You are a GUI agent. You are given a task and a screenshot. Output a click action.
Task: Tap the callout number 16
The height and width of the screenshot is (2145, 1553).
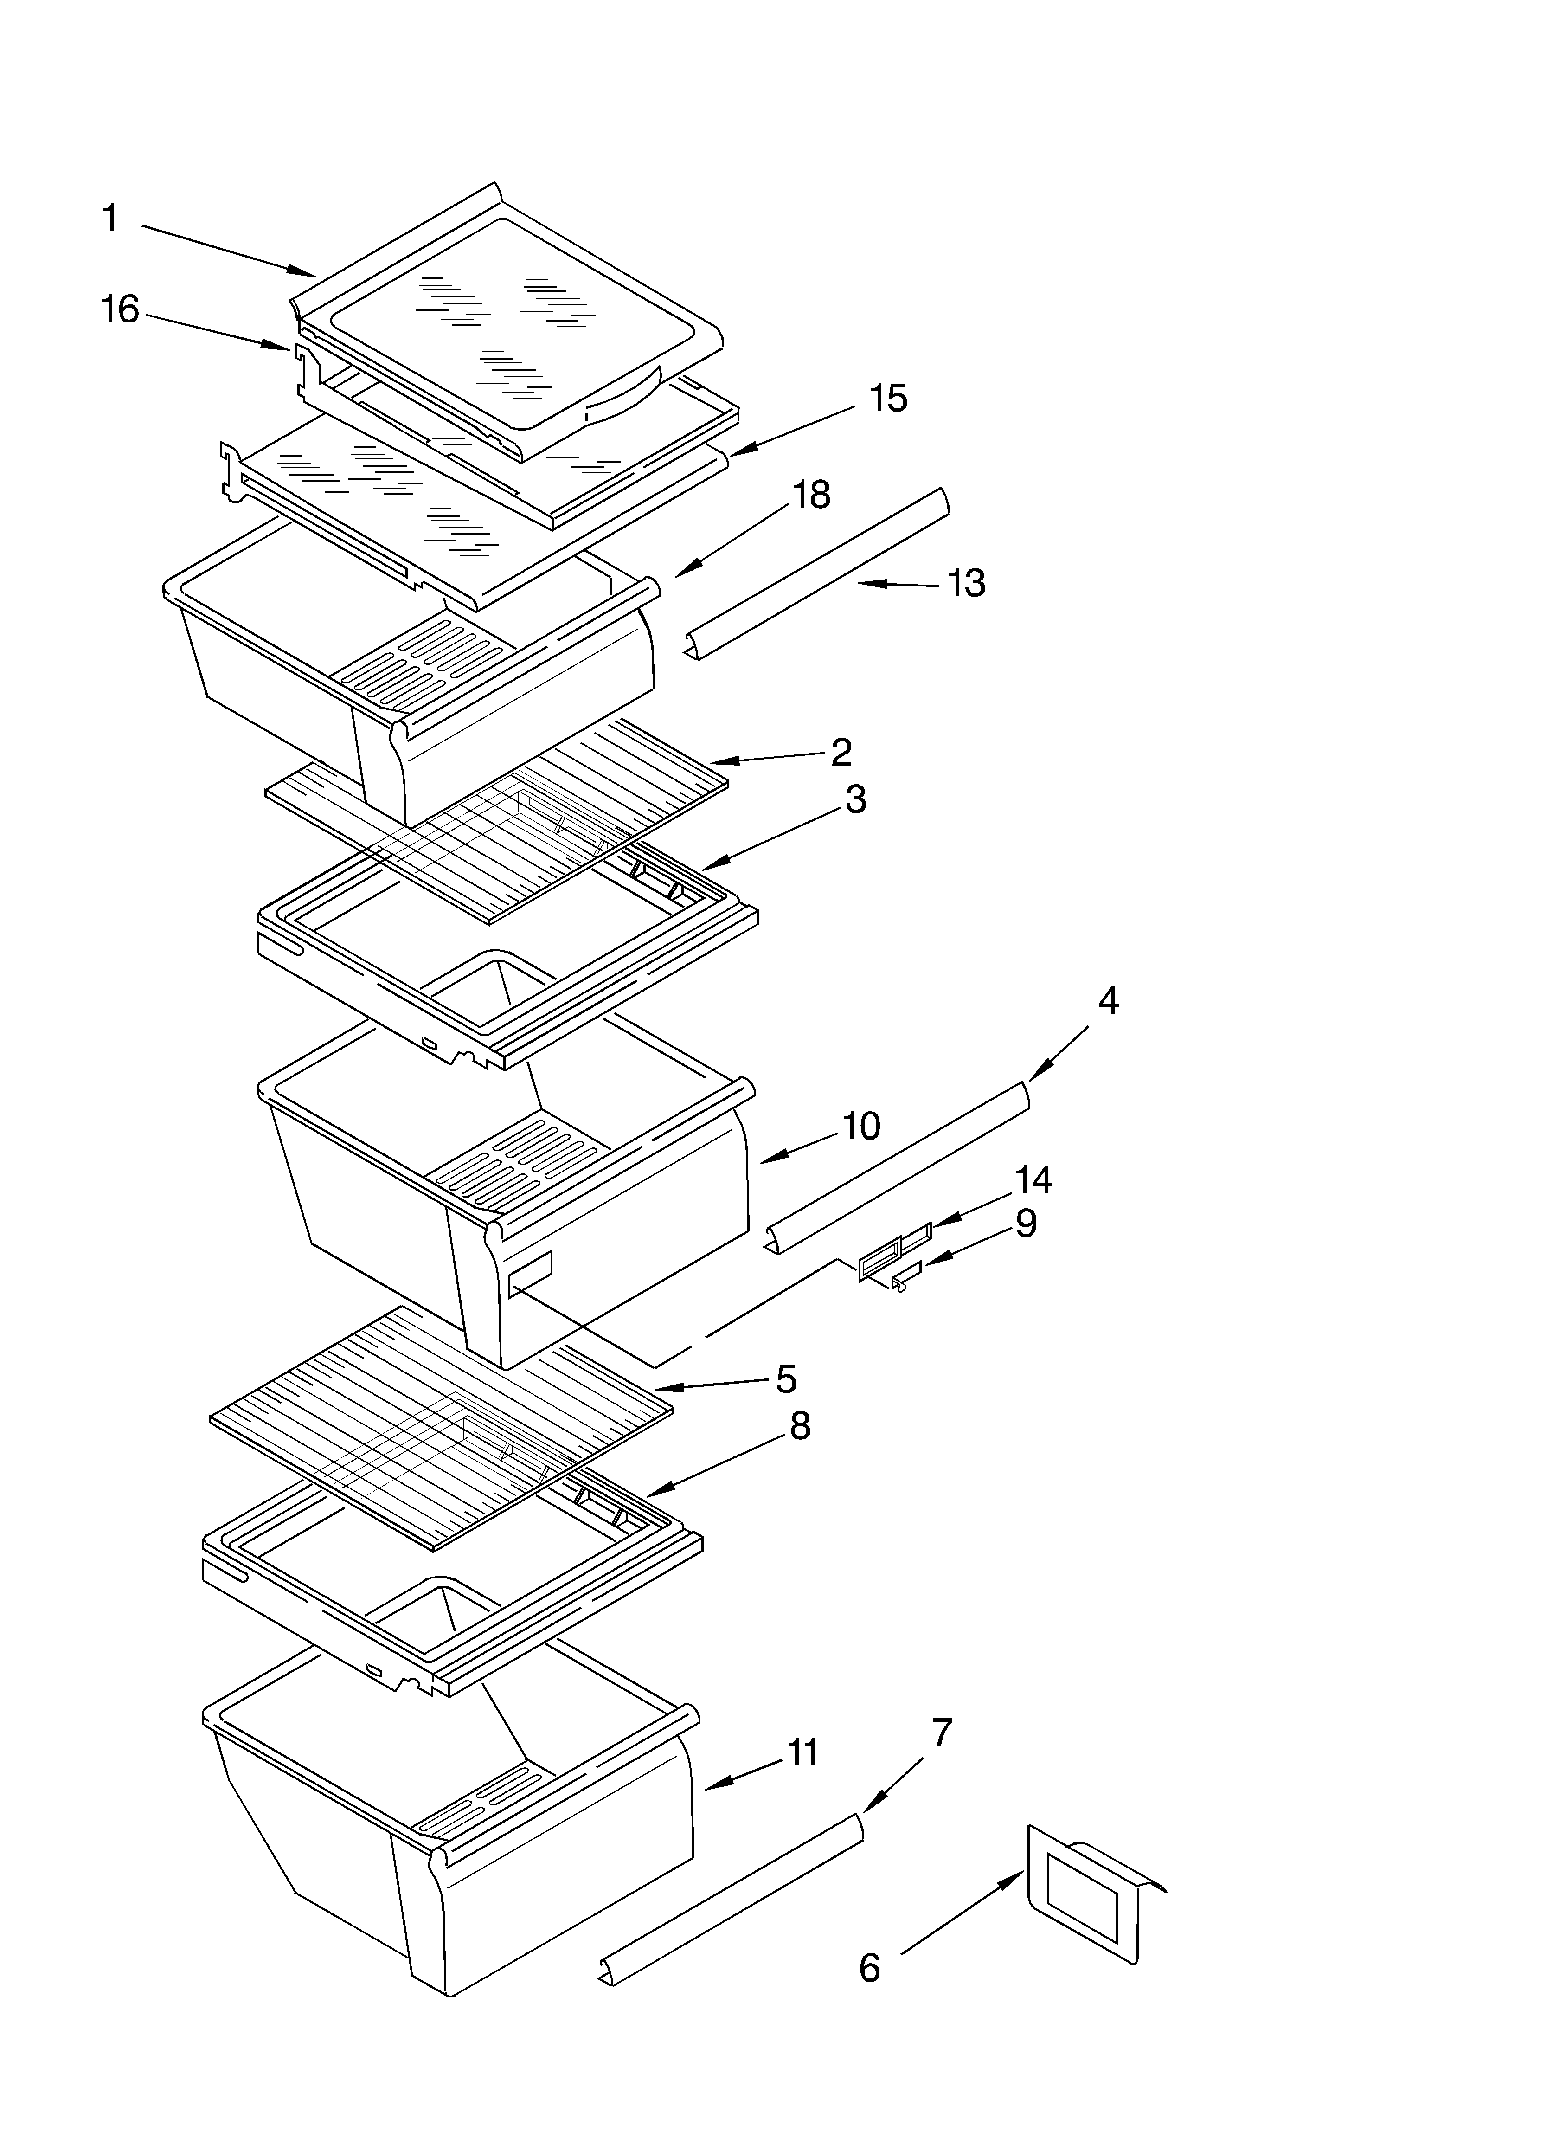click(120, 309)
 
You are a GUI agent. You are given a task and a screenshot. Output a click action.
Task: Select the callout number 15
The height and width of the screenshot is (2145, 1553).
click(888, 398)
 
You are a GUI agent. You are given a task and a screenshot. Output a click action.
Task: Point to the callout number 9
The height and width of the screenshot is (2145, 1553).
click(1026, 1224)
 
